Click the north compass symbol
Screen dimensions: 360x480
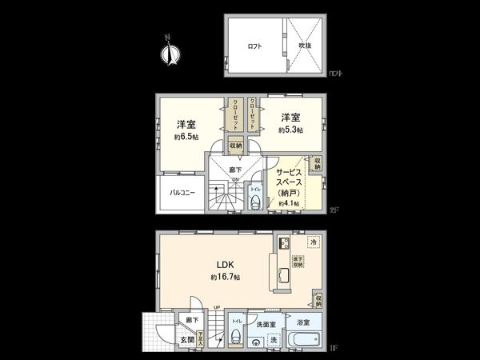click(x=170, y=52)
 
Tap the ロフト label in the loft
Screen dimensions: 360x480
click(x=254, y=46)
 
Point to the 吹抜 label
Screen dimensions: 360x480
click(x=306, y=46)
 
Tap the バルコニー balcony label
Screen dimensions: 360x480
click(x=182, y=193)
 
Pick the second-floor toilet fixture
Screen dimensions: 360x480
click(x=255, y=200)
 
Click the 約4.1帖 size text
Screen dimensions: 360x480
click(x=288, y=204)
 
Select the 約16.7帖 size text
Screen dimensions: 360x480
click(x=226, y=277)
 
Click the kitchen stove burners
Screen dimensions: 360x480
click(x=284, y=244)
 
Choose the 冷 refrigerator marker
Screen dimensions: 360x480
click(x=314, y=242)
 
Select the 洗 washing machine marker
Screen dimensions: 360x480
click(x=274, y=341)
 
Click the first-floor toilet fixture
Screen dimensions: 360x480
click(x=236, y=337)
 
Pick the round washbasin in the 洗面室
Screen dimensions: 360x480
click(x=255, y=342)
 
